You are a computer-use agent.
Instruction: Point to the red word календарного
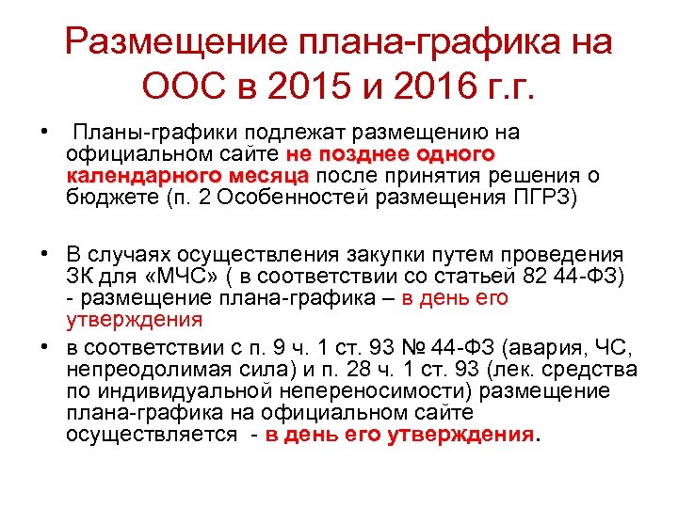(x=130, y=176)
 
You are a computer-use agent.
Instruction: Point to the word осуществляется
(x=152, y=434)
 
